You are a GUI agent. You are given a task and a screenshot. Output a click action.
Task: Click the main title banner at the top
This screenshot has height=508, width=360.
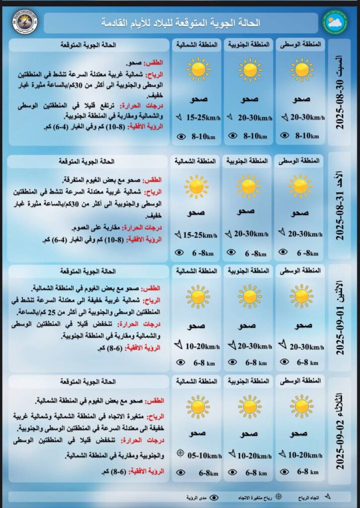click(181, 23)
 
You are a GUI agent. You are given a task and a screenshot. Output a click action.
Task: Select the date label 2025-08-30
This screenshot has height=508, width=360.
click(341, 92)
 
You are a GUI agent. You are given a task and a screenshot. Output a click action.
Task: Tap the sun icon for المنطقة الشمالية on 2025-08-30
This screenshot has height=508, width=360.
click(198, 69)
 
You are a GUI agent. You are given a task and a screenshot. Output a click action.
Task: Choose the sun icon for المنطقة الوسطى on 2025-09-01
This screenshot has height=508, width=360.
click(301, 296)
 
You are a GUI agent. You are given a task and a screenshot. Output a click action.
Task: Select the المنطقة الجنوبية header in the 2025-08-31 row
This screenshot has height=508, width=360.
click(248, 161)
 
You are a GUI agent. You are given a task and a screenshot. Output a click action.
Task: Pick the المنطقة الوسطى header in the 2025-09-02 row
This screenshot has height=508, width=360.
click(299, 381)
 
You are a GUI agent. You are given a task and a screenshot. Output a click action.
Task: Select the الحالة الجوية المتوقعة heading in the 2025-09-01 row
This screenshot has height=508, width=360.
click(88, 271)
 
